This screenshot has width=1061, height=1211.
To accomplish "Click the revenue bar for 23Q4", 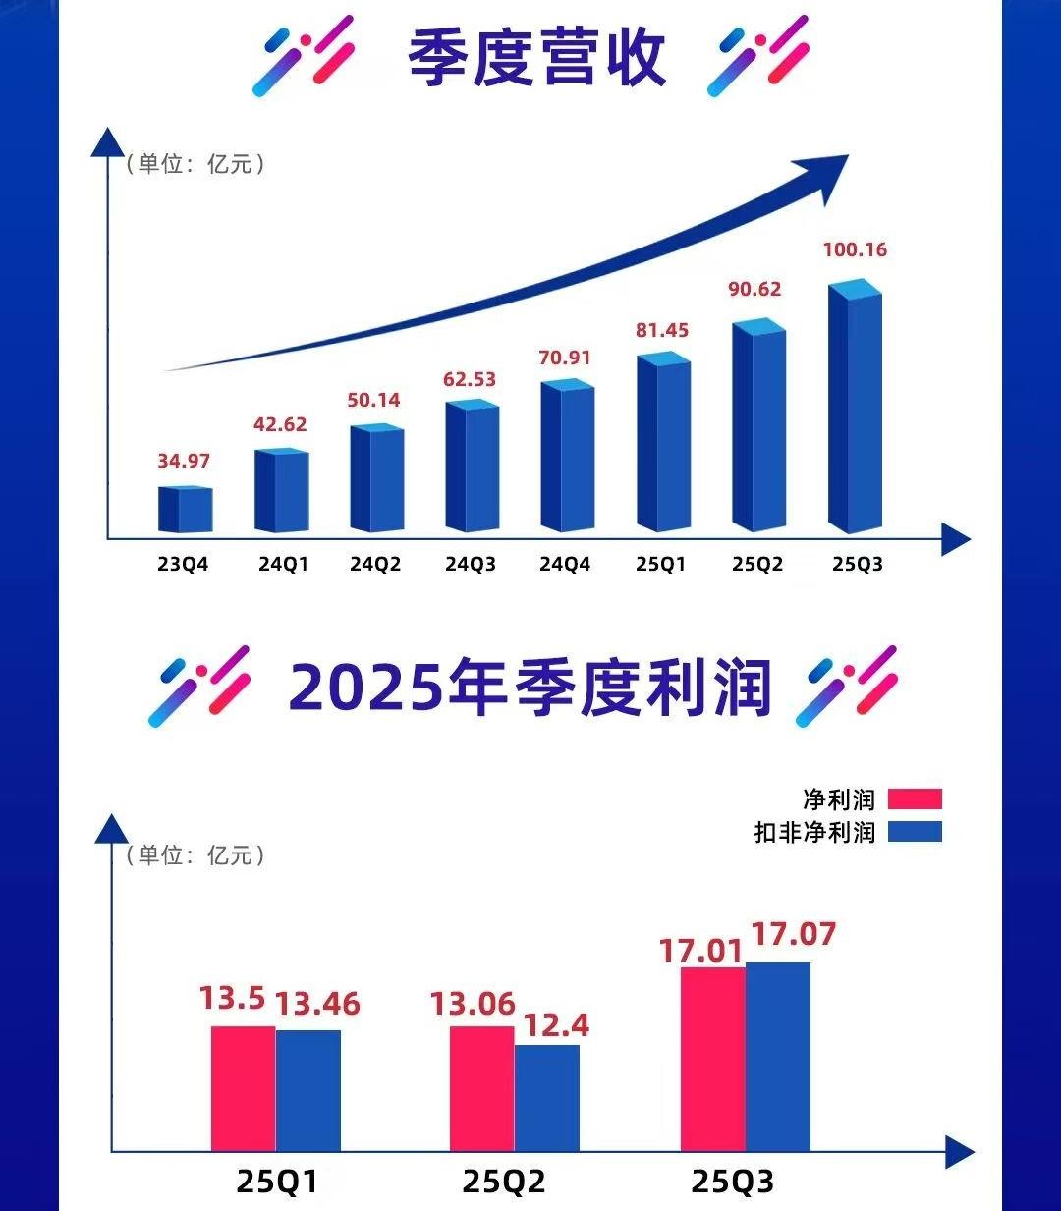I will click(x=186, y=509).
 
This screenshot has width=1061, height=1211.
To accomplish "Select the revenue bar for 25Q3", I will click(x=855, y=408).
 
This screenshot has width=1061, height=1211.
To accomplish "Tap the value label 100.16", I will click(x=855, y=249).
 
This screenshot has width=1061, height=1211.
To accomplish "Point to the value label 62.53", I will click(x=470, y=379).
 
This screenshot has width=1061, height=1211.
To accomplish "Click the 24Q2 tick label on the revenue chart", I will click(x=375, y=565).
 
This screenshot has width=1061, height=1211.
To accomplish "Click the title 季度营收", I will click(x=537, y=57).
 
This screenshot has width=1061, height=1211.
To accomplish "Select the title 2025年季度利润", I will click(x=530, y=688).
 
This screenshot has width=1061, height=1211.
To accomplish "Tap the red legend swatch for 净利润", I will click(x=915, y=798).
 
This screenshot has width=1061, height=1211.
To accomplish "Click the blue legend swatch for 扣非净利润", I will click(x=915, y=832).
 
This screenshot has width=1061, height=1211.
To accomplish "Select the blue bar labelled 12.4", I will click(x=547, y=1097).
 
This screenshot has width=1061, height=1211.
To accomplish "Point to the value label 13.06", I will click(x=473, y=1004).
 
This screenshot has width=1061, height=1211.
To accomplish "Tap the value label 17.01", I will click(x=700, y=951).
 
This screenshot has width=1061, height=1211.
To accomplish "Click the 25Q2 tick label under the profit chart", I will click(x=504, y=1181).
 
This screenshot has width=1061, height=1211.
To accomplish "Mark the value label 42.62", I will click(x=280, y=424).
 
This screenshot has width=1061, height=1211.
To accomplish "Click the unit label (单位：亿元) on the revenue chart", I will click(x=195, y=164).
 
